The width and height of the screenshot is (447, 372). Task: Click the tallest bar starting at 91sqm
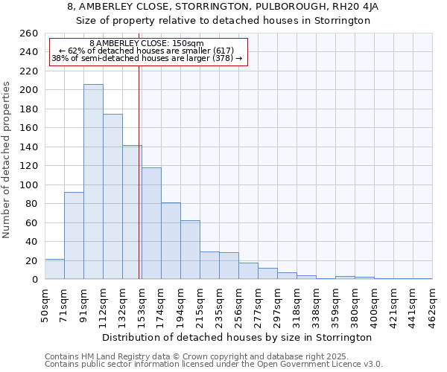pyautogui.click(x=93, y=182)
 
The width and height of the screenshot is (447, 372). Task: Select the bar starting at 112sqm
pyautogui.click(x=112, y=197)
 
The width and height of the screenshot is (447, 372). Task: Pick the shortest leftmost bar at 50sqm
pyautogui.click(x=54, y=269)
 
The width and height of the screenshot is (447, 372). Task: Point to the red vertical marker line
pyautogui.click(x=139, y=171)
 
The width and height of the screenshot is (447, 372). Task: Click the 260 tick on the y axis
pyautogui.click(x=29, y=33)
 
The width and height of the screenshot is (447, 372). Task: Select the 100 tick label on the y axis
pyautogui.click(x=29, y=185)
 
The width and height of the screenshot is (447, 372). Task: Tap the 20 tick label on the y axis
pyautogui.click(x=32, y=260)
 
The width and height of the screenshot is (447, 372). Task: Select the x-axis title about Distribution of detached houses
pyautogui.click(x=238, y=338)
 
